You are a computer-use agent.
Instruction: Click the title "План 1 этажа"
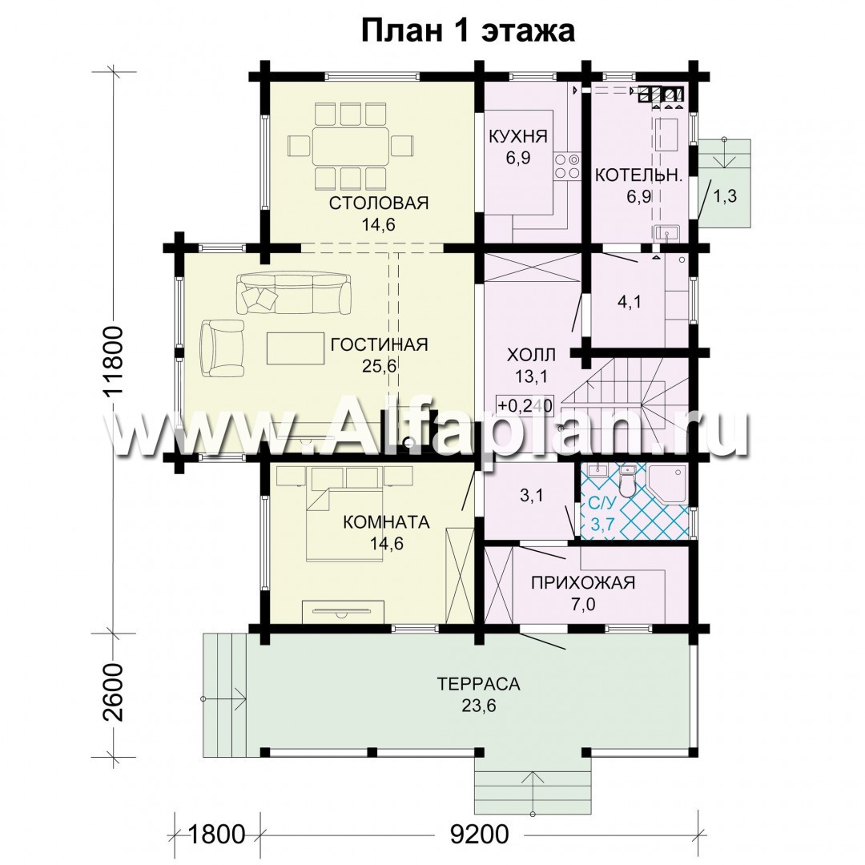click(x=468, y=30)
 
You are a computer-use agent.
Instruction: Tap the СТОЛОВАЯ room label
click(x=378, y=203)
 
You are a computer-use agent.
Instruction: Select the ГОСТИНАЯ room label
click(x=379, y=344)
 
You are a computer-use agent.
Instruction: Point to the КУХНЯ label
click(x=518, y=136)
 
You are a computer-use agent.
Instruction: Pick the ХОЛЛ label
click(x=531, y=355)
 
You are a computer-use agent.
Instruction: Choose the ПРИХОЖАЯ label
click(x=583, y=582)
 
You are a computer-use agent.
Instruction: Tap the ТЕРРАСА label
click(x=479, y=684)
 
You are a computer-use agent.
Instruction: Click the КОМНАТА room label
click(x=386, y=521)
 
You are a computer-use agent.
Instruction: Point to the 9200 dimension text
click(x=479, y=834)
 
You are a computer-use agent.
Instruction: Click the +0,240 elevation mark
click(x=525, y=405)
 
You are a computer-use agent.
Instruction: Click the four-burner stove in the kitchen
click(x=567, y=166)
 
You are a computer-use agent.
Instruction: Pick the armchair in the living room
click(x=222, y=348)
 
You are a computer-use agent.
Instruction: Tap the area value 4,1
click(x=629, y=302)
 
